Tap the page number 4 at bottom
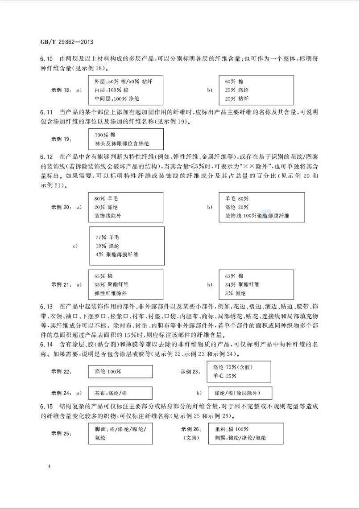(50, 466)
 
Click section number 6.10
(46, 59)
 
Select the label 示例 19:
(62, 139)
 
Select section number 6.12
(46, 157)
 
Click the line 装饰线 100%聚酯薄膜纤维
(257, 216)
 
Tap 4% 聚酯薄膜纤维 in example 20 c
(117, 254)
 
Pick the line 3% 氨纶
(236, 293)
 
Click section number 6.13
(46, 307)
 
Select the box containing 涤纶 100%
(120, 371)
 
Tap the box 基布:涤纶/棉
(120, 393)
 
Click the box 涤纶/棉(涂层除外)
(240, 393)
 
